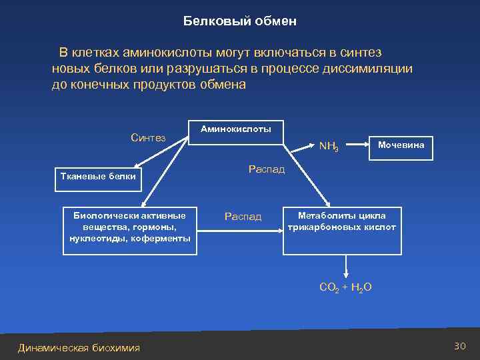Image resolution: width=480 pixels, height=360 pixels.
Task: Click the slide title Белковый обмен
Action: click(239, 21)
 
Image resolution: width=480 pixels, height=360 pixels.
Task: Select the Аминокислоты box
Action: click(236, 129)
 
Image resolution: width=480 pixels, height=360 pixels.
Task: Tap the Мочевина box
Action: click(401, 145)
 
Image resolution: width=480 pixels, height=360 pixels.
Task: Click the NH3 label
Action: click(329, 146)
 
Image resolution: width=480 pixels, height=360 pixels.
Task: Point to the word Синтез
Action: click(148, 138)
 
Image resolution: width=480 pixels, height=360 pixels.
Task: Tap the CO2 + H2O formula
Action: click(345, 288)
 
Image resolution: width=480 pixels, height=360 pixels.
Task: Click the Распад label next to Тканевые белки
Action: click(267, 169)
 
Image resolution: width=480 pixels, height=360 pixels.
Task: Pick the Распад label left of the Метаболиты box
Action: click(243, 217)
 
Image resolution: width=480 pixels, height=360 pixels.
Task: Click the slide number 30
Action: click(459, 346)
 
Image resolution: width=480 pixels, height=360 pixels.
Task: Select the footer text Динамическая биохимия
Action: click(79, 348)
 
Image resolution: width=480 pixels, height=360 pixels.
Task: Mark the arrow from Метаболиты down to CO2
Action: click(345, 267)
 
